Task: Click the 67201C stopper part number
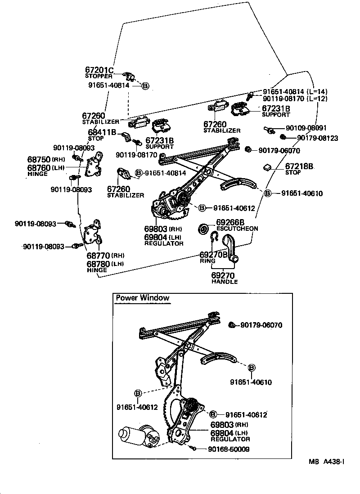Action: [99, 70]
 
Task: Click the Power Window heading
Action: [143, 298]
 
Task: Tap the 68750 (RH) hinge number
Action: [40, 160]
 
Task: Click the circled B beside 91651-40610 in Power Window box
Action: [251, 368]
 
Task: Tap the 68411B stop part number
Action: [102, 132]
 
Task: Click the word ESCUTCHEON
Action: [237, 229]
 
